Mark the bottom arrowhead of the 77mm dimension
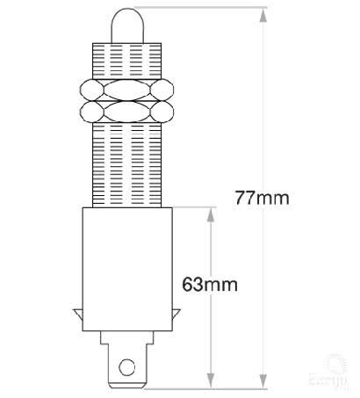(x=263, y=381)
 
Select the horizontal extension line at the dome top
(x=202, y=8)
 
